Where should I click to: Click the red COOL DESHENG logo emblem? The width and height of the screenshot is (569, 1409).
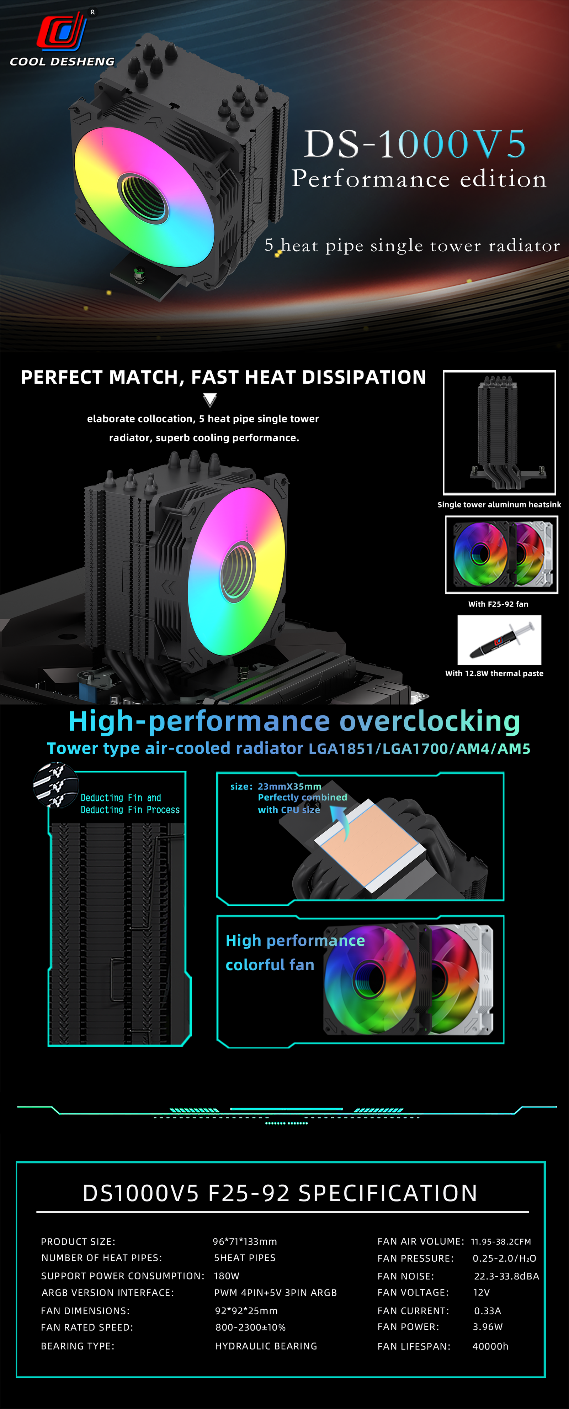coord(61,32)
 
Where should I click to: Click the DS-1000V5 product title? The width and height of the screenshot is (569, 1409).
coord(415,144)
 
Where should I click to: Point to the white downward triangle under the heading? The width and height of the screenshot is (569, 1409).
coord(210,400)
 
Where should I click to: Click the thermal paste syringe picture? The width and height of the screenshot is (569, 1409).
coord(499,640)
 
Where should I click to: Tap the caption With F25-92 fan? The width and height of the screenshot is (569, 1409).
coord(498,604)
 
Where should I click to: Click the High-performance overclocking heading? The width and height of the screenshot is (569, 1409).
coord(294,721)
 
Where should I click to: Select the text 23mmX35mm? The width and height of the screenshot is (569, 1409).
coord(289,787)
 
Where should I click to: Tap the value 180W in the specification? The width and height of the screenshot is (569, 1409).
coord(226,1276)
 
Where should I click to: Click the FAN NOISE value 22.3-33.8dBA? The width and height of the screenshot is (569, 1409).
coord(506,1276)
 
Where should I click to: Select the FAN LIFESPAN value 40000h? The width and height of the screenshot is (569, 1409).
coord(490,1346)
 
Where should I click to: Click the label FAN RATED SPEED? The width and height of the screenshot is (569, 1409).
coord(87,1327)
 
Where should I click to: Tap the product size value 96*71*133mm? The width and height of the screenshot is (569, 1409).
coord(245,1242)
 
